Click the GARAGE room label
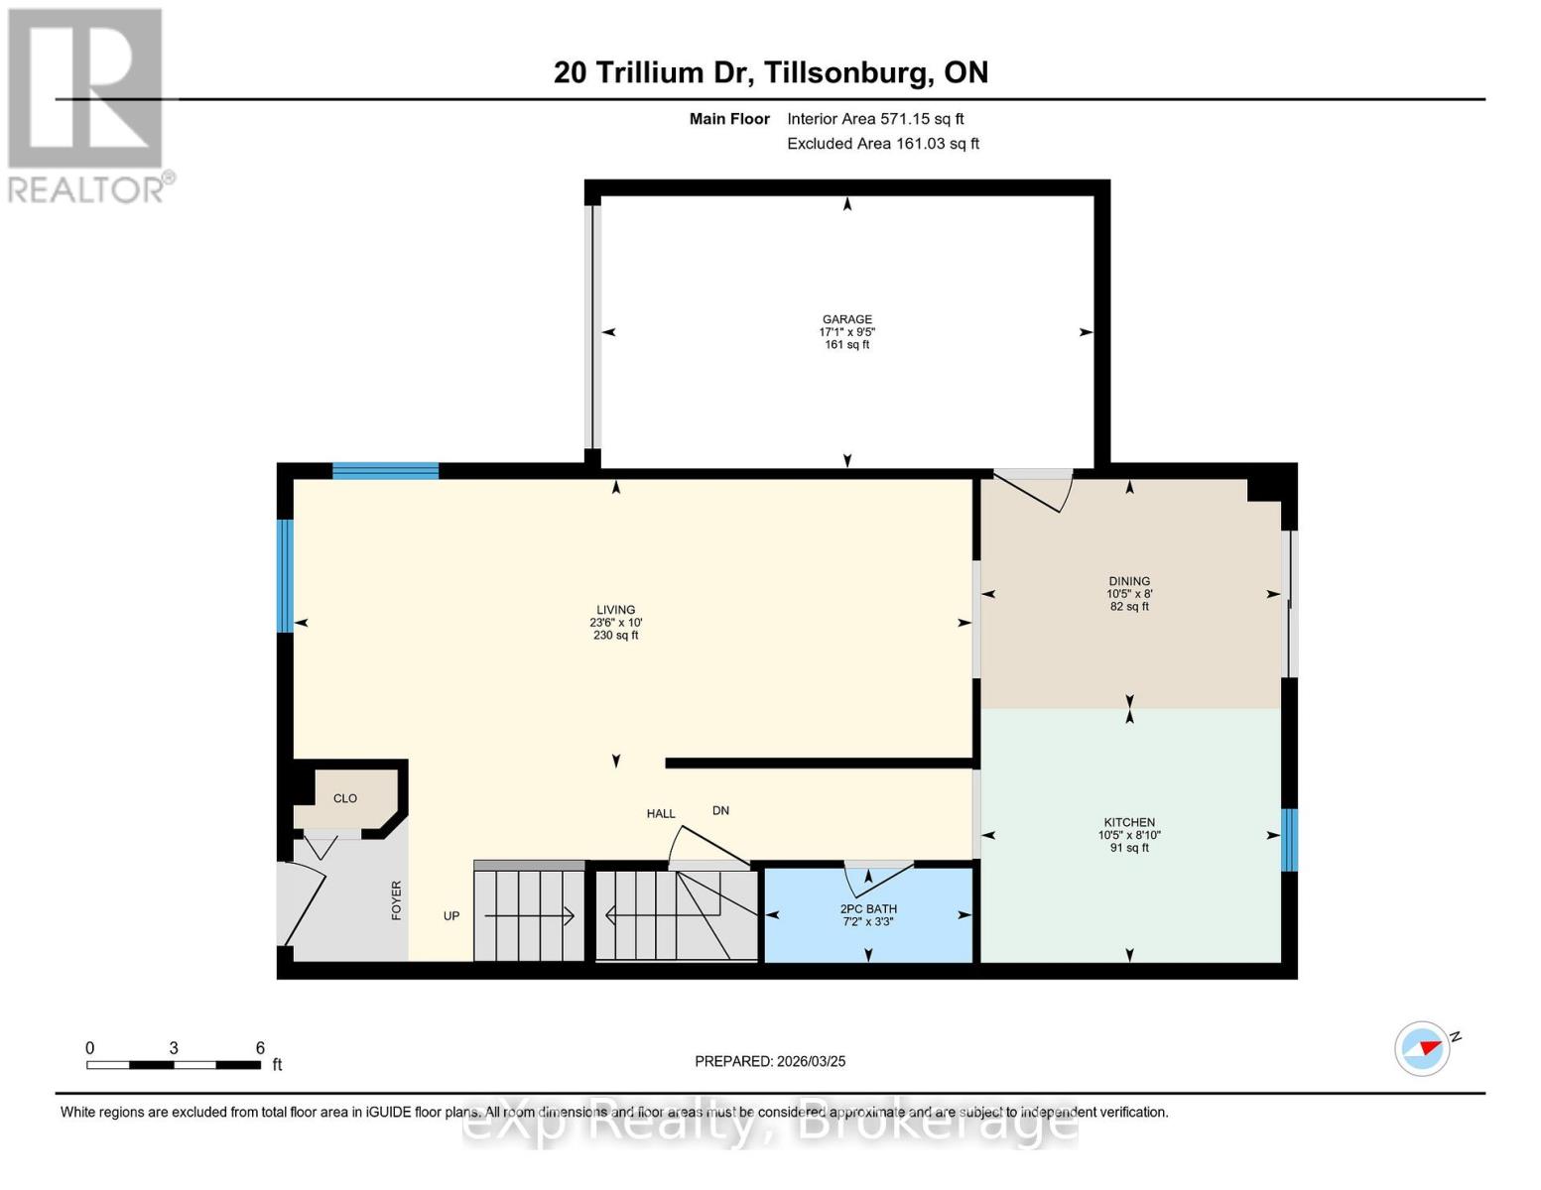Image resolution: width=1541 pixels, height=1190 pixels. point(846,319)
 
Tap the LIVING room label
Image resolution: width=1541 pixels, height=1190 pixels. point(615,610)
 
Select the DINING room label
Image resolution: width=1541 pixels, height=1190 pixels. point(1129,581)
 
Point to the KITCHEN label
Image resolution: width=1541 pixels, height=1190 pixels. point(1129,822)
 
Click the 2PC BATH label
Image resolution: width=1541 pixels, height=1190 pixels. point(868,908)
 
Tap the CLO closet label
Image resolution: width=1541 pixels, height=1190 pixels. point(344,798)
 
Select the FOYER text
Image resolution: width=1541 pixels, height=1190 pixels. point(397,900)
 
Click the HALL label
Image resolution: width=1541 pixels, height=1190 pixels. point(661,814)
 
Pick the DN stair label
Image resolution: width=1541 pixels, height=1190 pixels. point(720,810)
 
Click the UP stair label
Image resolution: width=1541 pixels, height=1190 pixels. point(451,916)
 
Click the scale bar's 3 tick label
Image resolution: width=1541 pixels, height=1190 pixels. point(174,1048)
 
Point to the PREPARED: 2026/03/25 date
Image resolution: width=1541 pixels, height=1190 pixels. point(770,1061)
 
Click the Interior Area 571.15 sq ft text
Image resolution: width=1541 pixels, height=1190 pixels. point(875,119)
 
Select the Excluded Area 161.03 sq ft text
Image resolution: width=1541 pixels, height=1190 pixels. point(883,144)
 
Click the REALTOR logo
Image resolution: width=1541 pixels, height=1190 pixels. point(87,104)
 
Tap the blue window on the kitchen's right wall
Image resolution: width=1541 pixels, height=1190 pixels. point(1289,840)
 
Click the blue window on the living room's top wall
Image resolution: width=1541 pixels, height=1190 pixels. point(385,471)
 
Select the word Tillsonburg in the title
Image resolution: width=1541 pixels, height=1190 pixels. point(848,72)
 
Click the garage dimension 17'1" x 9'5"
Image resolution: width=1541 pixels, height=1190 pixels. point(846,332)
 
